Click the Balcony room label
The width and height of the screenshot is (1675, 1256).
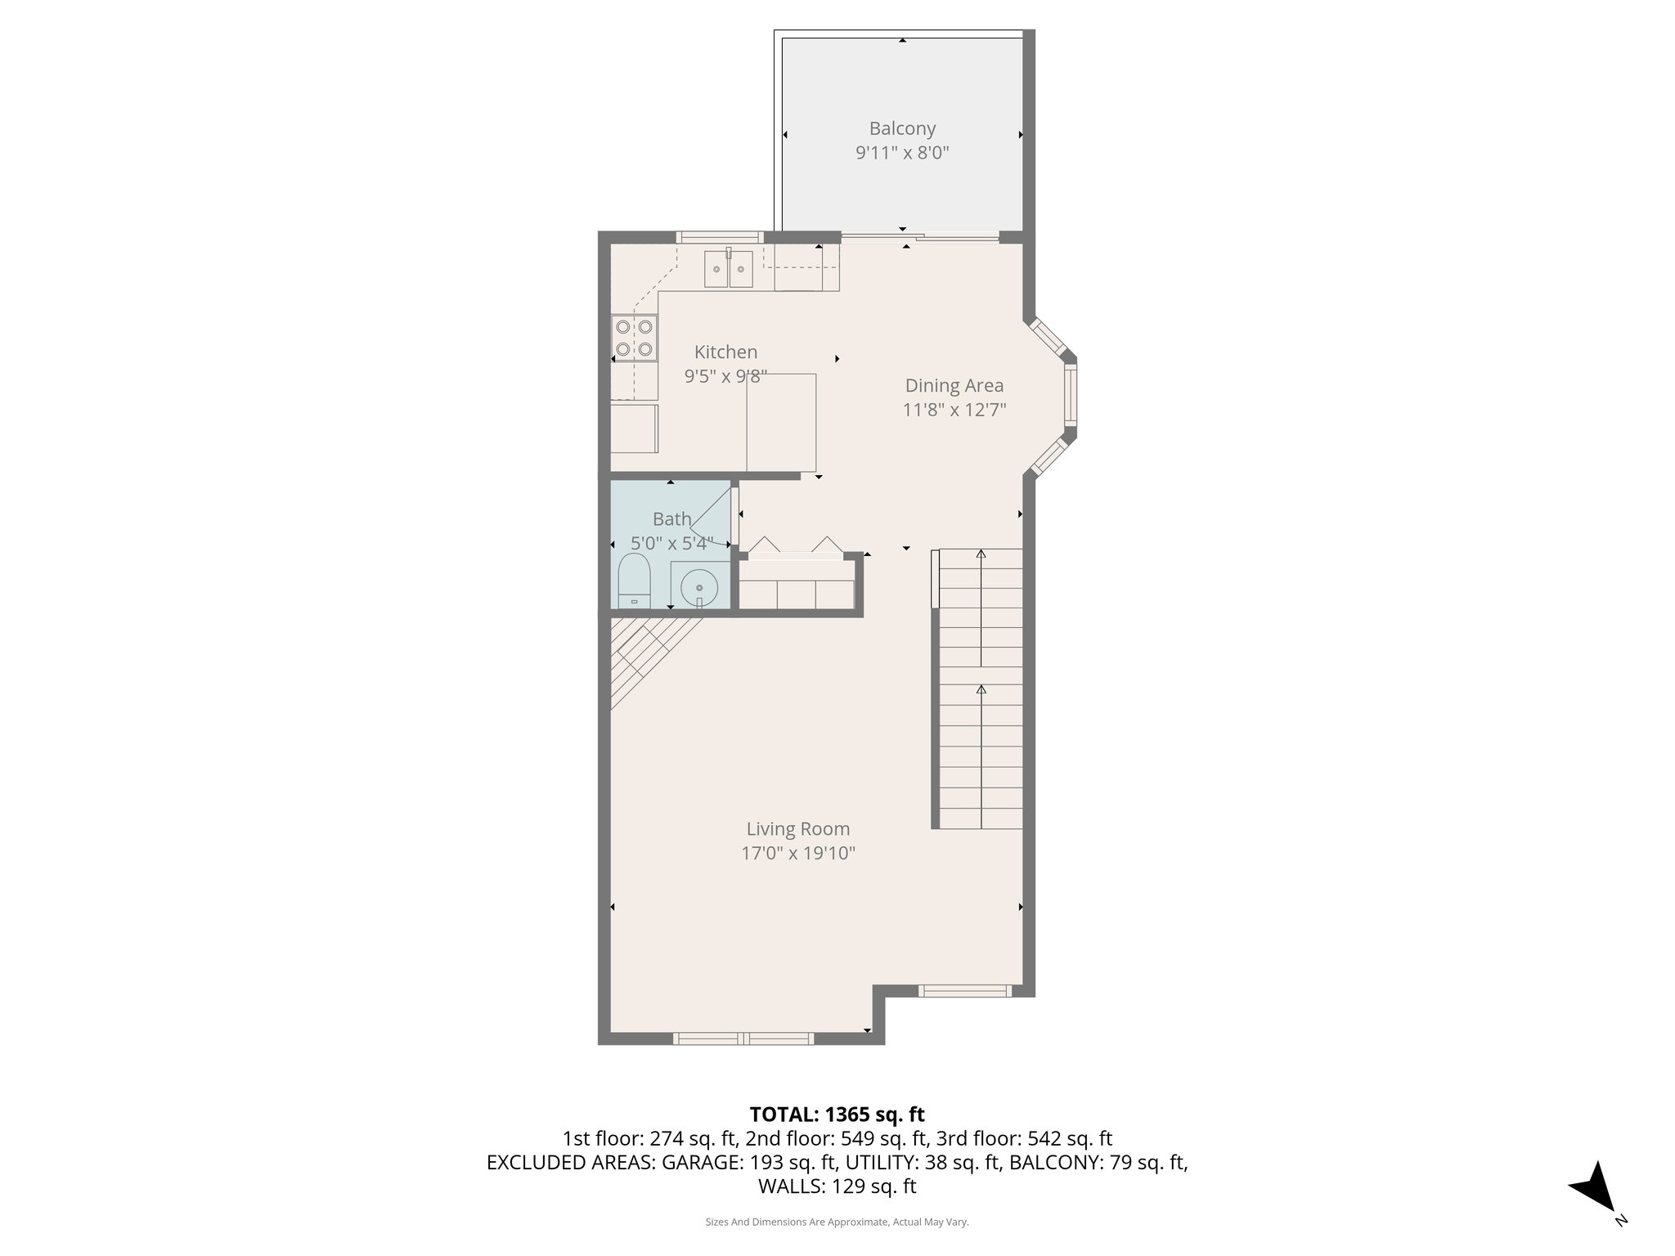(902, 128)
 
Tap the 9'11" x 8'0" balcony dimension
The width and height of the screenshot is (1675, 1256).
(902, 153)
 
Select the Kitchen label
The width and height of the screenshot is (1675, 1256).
(725, 352)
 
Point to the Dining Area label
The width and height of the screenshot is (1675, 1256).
(954, 385)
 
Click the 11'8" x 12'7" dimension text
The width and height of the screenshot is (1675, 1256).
(954, 410)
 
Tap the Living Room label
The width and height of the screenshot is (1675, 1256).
(797, 829)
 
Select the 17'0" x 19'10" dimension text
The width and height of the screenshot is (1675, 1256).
(797, 854)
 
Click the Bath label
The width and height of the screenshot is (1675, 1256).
(671, 518)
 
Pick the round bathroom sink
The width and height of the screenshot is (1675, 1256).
(699, 586)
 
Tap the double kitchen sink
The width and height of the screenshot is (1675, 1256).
(729, 269)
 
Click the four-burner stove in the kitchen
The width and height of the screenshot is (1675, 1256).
(635, 338)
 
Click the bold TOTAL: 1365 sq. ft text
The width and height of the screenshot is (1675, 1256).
(837, 1114)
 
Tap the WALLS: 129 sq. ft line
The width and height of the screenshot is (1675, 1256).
(837, 1186)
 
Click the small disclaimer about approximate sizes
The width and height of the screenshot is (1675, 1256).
(837, 1222)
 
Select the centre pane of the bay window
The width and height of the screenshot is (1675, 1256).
(1070, 395)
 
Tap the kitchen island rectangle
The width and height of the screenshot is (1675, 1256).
(781, 422)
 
